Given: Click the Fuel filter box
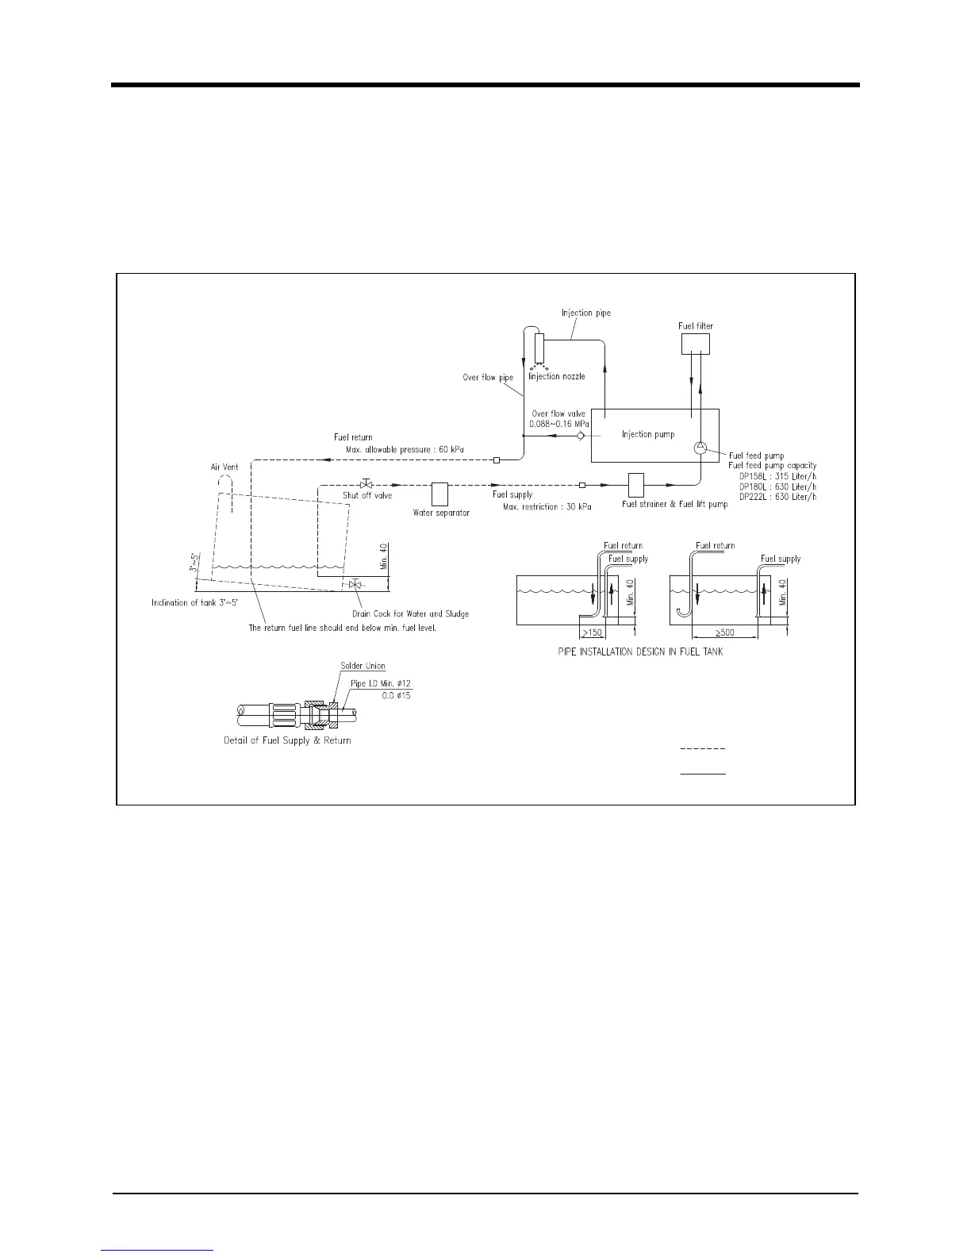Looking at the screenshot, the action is [696, 344].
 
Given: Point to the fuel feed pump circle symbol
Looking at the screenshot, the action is [700, 448].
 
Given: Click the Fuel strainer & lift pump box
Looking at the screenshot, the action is [636, 485].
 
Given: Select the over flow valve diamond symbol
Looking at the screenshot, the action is [581, 436].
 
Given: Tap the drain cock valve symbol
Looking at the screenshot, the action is [355, 584].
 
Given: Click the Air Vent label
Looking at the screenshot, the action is [225, 467].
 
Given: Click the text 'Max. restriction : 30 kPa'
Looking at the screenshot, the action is [547, 506].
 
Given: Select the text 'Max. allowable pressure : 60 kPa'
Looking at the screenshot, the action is [405, 450].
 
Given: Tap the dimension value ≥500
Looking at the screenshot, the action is [724, 633].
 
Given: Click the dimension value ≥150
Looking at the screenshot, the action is [593, 633].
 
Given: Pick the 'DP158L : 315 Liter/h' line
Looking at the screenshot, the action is [777, 476].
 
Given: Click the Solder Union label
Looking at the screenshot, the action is [363, 667].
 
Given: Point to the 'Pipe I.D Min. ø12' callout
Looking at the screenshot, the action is [381, 683].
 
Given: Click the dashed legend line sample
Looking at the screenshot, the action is [703, 749].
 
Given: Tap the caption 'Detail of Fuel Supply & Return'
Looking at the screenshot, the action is [287, 740].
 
